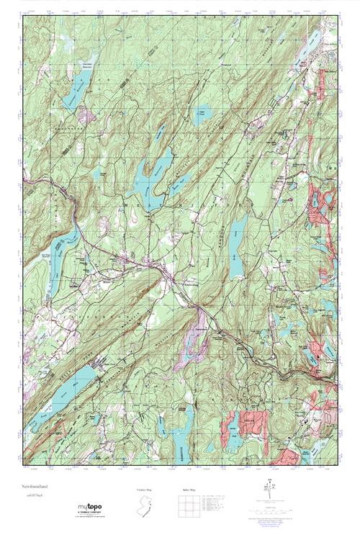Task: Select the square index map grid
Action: pos(189,505)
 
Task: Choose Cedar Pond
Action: pos(203,115)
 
